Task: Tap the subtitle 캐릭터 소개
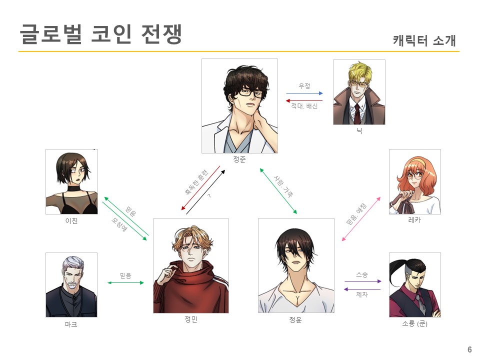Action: [424, 40]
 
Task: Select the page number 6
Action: [469, 349]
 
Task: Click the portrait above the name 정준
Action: [239, 105]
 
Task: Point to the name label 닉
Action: [358, 131]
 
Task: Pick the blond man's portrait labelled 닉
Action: [358, 92]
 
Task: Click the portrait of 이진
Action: [71, 181]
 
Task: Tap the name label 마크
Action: [71, 324]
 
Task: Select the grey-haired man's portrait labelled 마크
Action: [71, 284]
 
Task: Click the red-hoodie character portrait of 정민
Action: [190, 265]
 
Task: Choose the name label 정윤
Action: [295, 320]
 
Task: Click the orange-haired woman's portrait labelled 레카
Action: [414, 181]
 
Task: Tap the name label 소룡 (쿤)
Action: [414, 324]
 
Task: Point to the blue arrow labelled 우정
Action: [304, 93]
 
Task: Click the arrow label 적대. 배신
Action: [304, 106]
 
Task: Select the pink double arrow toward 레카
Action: [365, 220]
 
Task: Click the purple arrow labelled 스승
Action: [362, 281]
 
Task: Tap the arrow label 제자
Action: [361, 295]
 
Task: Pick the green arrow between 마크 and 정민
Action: [125, 283]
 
